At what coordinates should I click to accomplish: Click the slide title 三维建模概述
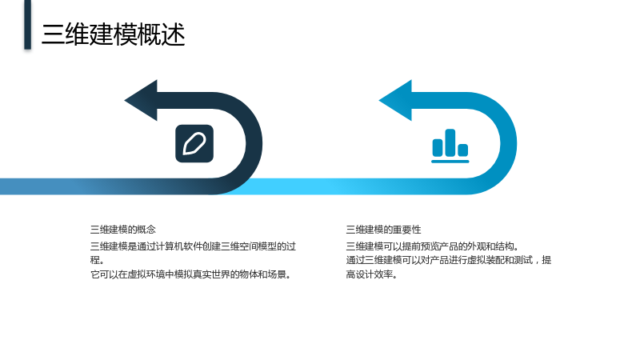[114, 34]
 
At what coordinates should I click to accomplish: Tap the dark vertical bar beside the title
[27, 25]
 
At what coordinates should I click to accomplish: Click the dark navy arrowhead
[142, 101]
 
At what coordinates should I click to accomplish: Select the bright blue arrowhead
[396, 101]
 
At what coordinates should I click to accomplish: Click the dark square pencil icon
[194, 144]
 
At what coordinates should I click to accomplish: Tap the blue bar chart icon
[450, 146]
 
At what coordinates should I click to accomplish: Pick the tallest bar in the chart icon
[450, 143]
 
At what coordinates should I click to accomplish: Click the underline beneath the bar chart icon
[450, 162]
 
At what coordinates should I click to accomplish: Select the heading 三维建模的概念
[123, 230]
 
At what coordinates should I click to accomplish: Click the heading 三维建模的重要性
[383, 230]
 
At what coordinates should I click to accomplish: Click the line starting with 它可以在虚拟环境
[191, 274]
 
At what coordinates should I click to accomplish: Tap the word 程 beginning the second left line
[95, 260]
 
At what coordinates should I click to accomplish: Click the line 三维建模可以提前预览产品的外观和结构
[433, 246]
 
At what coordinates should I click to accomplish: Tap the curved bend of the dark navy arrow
[252, 144]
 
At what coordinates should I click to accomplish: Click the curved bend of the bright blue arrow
[507, 144]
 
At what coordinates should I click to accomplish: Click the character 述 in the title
[174, 34]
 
